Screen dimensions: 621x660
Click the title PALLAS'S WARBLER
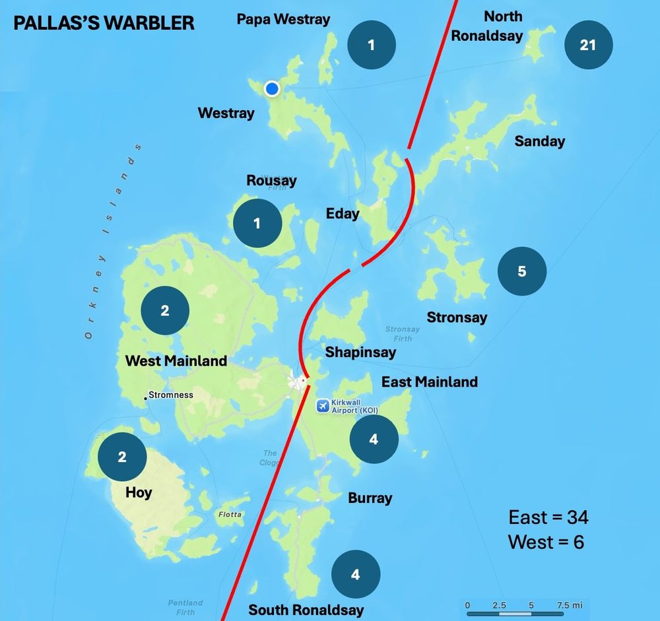point(104,24)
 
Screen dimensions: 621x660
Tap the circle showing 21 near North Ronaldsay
point(588,45)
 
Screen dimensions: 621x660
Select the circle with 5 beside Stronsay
point(522,271)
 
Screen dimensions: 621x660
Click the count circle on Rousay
point(257,224)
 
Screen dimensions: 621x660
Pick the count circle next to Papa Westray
point(372,45)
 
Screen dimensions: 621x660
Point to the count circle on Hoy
point(122,457)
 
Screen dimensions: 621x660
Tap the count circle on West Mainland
point(165,310)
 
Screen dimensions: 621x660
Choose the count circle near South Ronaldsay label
point(356,575)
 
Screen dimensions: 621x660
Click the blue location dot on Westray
point(272,88)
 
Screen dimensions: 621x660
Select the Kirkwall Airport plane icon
point(323,405)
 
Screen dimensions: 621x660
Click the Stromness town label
point(170,395)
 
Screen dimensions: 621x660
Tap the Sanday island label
point(540,141)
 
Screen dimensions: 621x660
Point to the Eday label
point(343,213)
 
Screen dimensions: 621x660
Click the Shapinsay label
point(360,352)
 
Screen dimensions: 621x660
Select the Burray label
point(370,498)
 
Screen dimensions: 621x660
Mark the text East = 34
point(548,517)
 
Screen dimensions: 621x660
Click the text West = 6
point(546,542)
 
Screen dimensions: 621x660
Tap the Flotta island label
point(230,514)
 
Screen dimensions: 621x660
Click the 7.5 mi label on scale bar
point(569,605)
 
